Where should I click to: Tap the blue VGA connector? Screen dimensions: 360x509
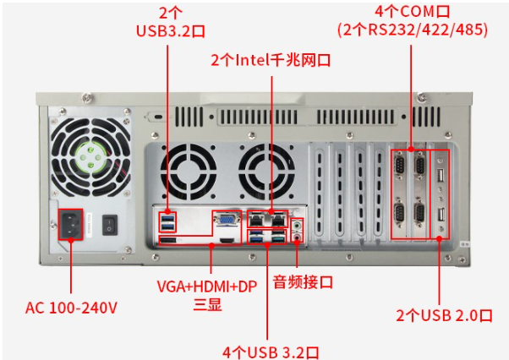(227, 221)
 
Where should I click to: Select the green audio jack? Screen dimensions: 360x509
(297, 226)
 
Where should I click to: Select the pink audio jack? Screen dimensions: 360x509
(297, 238)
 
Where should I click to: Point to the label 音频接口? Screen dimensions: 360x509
(302, 281)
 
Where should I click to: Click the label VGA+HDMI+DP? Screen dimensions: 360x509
(207, 286)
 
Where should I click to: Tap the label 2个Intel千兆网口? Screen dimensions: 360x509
(270, 61)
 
